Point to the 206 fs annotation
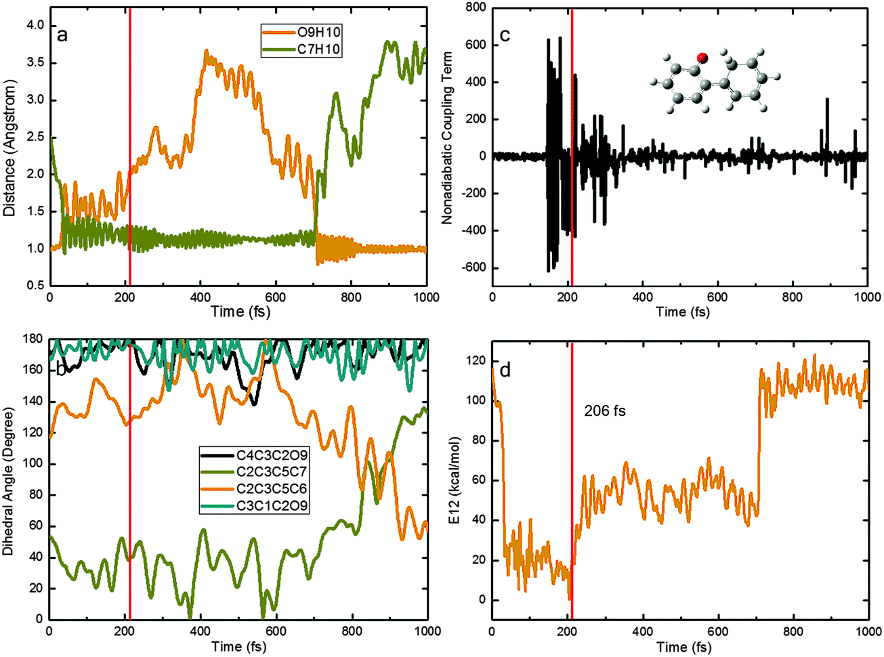coord(605,410)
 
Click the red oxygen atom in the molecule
coord(702,58)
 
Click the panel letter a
coord(62,35)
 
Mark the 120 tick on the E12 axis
coord(477,361)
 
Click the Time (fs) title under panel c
coord(681,312)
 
